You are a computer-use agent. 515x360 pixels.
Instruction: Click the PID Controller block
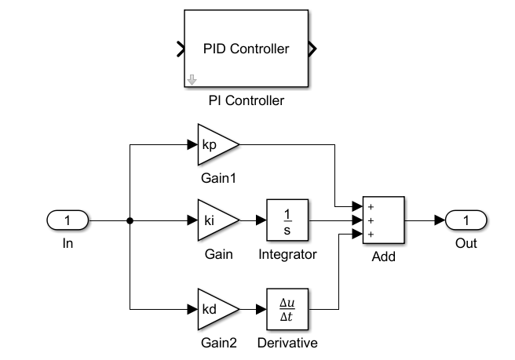point(246,49)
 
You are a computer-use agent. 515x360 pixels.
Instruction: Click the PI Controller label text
point(246,100)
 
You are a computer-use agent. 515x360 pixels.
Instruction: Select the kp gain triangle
point(214,145)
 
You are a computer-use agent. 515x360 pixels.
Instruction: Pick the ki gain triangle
point(214,221)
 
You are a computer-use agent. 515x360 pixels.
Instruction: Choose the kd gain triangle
point(214,309)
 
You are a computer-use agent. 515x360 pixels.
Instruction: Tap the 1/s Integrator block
point(287,221)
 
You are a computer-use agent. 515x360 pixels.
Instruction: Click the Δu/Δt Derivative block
point(287,309)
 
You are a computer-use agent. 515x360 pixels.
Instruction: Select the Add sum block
point(383,221)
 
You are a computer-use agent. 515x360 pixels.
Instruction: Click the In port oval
point(68,221)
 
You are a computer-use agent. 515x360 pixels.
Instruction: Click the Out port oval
point(466,221)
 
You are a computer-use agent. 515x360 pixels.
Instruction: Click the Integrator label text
point(287,255)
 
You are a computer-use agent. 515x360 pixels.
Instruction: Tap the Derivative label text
point(287,343)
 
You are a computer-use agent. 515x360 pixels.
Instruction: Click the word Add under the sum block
point(383,256)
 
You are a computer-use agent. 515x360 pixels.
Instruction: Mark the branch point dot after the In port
point(130,221)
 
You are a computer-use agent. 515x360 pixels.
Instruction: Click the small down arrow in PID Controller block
point(192,79)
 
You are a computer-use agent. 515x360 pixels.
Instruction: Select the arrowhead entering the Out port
point(440,221)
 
